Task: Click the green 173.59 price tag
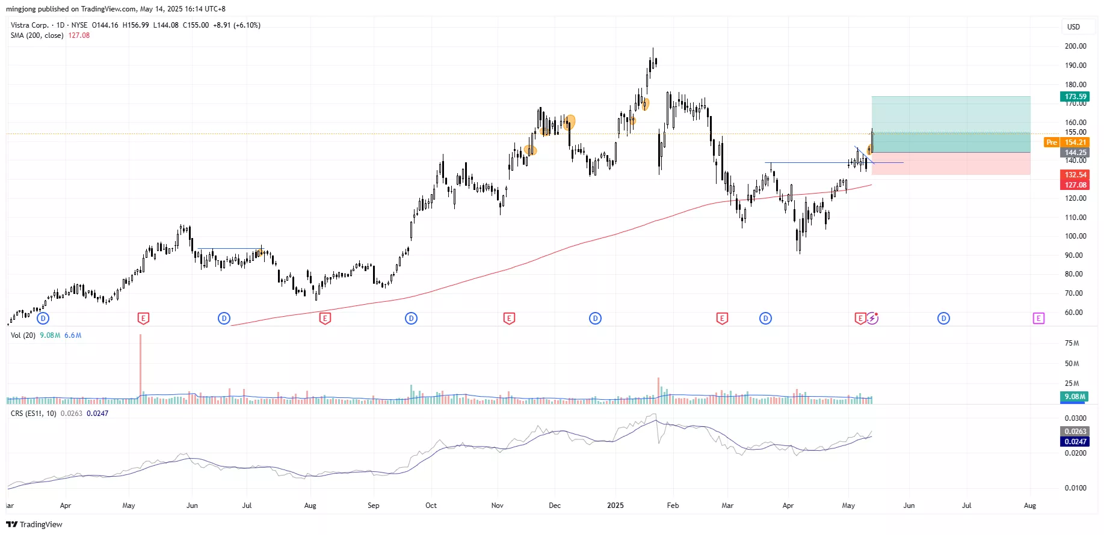click(1075, 97)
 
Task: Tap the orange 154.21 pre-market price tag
click(1075, 142)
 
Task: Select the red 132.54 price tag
click(1075, 175)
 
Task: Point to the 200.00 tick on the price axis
click(1075, 46)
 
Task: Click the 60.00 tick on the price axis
click(1073, 313)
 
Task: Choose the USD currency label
click(1073, 27)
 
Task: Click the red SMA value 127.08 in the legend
click(79, 35)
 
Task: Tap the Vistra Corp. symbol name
click(29, 25)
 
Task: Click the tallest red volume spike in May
click(140, 367)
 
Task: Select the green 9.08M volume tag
click(1075, 397)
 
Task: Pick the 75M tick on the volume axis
click(1072, 343)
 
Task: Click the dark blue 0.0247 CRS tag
click(1075, 442)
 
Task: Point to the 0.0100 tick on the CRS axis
click(1075, 488)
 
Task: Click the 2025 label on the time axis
click(615, 506)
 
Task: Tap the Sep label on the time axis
click(373, 506)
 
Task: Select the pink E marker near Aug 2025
click(1038, 319)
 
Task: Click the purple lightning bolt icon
click(872, 319)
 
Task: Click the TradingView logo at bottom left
click(34, 524)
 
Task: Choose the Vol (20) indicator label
click(23, 335)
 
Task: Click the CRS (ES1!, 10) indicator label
click(34, 414)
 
